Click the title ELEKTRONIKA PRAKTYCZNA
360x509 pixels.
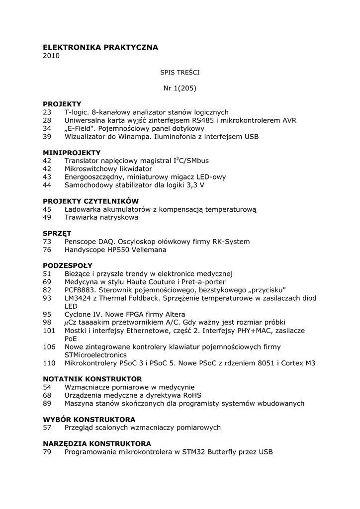(100, 47)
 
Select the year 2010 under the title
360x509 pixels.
(51, 56)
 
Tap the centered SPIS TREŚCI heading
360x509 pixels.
(180, 72)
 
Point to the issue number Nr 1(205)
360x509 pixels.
(180, 88)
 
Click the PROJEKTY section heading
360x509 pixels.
(62, 104)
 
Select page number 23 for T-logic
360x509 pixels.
(47, 112)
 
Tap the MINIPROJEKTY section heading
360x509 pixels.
(72, 153)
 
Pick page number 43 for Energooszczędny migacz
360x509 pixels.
(47, 177)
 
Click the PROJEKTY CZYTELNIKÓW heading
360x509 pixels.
(90, 201)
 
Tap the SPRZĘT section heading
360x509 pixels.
(57, 233)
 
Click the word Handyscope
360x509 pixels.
(85, 250)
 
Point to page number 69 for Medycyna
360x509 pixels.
(47, 282)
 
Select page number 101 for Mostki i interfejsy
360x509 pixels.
(49, 331)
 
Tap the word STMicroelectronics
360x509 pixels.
(95, 355)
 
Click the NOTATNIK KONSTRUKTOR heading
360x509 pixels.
(92, 379)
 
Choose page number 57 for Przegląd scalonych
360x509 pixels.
(47, 427)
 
